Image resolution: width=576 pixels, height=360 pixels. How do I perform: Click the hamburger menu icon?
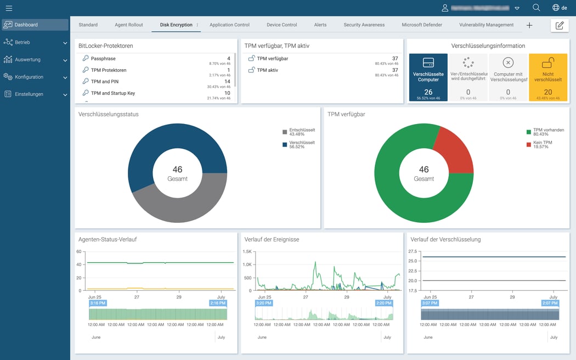(9, 8)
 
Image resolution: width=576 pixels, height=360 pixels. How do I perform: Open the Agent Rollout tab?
(129, 25)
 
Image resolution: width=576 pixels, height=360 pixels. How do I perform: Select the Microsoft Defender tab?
(422, 25)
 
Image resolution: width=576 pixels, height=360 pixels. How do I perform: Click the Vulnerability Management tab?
(486, 25)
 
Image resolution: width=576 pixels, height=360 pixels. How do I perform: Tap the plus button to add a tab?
(529, 25)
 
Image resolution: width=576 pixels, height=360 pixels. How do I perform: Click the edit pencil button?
(560, 25)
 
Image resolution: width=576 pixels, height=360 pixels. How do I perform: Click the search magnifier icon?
(537, 8)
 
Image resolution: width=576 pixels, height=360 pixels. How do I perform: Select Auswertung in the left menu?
(27, 59)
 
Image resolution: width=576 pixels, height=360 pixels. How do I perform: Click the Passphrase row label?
(103, 59)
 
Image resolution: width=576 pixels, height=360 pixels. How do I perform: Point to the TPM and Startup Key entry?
(112, 93)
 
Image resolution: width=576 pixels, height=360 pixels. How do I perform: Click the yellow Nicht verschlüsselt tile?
(547, 77)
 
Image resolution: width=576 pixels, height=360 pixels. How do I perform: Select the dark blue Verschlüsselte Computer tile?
(428, 77)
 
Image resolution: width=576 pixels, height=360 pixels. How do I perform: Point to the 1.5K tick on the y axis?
(247, 251)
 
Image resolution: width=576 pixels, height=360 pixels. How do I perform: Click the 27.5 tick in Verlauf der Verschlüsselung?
(413, 251)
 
